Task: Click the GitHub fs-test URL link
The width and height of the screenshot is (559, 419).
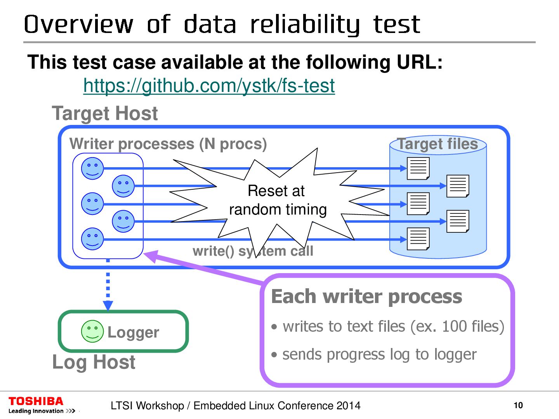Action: point(209,86)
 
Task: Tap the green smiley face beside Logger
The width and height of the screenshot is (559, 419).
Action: point(92,331)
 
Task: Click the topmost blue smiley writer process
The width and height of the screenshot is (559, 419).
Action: point(92,168)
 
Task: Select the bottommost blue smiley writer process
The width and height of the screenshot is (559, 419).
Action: point(92,239)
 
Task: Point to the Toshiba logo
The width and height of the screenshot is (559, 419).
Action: point(36,402)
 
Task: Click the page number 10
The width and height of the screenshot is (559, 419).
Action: point(518,405)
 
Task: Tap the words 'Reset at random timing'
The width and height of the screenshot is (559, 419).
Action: point(278,200)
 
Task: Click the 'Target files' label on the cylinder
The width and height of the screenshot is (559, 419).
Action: point(437,144)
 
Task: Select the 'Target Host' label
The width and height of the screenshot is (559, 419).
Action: point(105,114)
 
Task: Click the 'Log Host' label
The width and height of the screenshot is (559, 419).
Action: point(94,362)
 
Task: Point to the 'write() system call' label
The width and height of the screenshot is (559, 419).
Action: point(253,251)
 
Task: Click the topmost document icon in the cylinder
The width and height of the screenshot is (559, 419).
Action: point(418,168)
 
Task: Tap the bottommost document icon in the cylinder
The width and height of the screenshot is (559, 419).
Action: point(418,239)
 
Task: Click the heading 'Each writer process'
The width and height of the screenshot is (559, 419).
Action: point(366,297)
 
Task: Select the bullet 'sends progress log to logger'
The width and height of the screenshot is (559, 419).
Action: point(379,355)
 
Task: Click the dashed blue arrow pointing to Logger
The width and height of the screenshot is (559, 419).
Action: point(108,285)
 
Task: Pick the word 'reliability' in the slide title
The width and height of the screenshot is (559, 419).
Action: point(305,25)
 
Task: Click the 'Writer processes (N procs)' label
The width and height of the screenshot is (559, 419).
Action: point(168,144)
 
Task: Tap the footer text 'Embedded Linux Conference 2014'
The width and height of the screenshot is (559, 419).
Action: point(277,406)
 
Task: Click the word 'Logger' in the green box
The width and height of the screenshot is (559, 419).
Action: point(133,332)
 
